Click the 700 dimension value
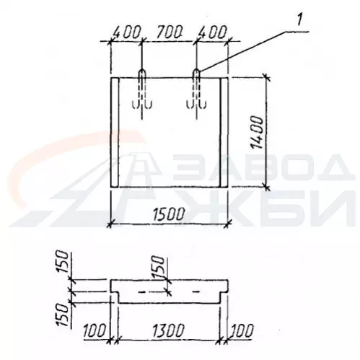click(169, 33)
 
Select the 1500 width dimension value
click(169, 214)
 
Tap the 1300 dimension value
click(169, 331)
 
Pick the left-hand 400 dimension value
click(126, 33)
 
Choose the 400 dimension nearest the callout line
click(212, 33)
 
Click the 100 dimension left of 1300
click(95, 331)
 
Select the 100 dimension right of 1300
click(242, 331)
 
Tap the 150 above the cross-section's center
click(159, 267)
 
